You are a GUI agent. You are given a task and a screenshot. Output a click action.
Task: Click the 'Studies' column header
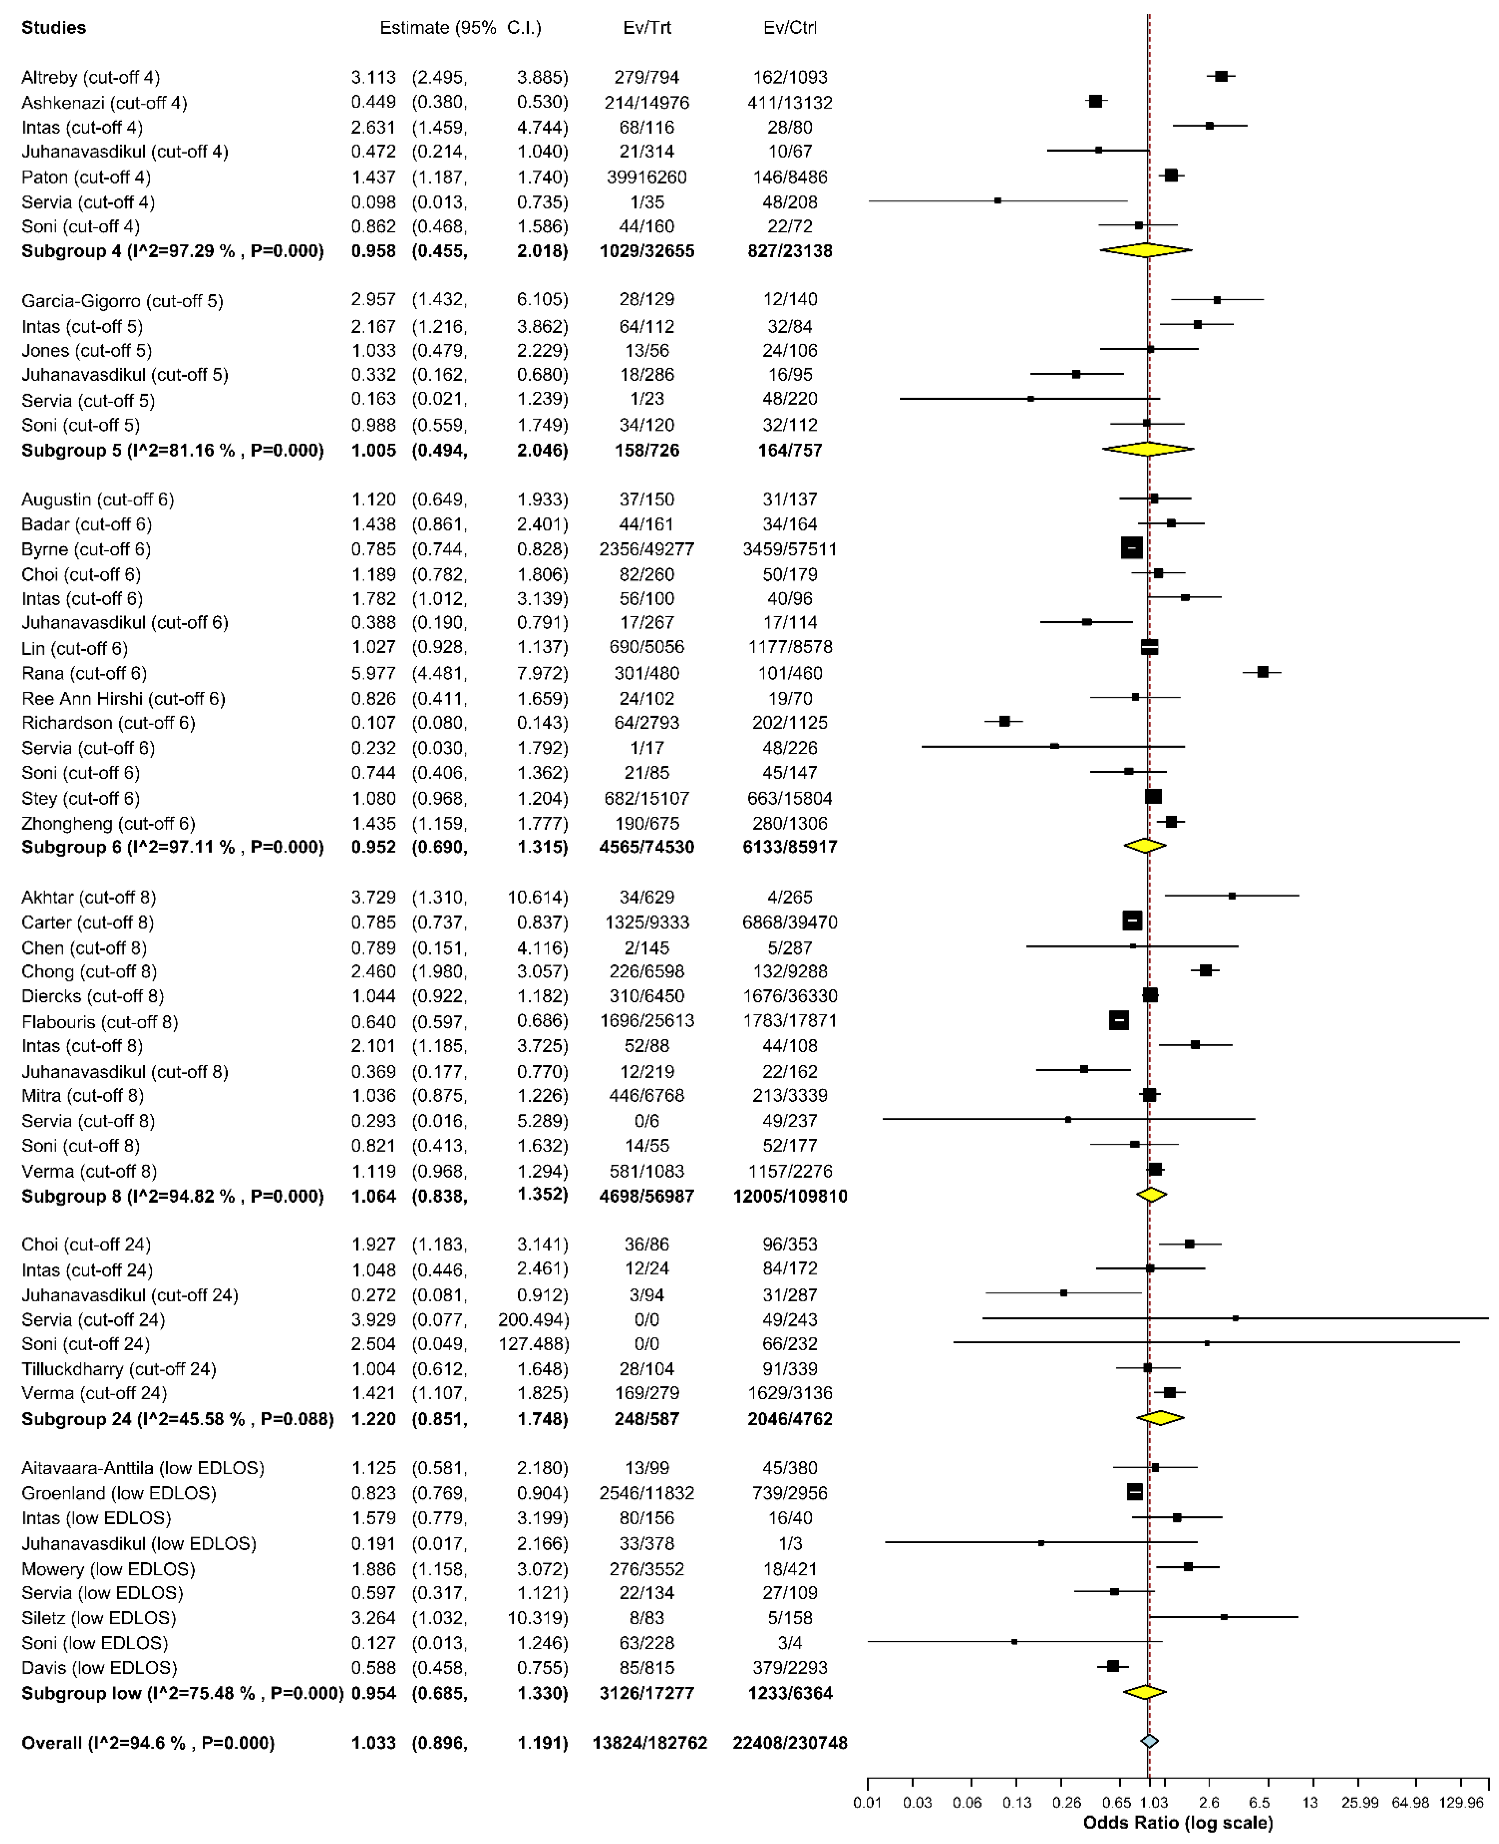point(53,28)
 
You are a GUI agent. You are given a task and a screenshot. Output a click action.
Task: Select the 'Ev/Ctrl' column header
point(789,28)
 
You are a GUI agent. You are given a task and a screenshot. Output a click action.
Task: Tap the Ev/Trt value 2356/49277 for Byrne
point(647,549)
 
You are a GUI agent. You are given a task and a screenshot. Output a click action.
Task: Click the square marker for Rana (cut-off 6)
point(1263,672)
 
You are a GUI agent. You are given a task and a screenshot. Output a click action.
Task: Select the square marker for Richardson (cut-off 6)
point(1004,721)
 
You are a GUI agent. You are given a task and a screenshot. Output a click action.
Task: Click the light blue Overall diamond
point(1149,1741)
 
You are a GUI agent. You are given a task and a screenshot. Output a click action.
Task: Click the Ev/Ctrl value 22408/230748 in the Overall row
point(789,1743)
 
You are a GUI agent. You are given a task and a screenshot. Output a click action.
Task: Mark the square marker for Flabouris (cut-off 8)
point(1118,1020)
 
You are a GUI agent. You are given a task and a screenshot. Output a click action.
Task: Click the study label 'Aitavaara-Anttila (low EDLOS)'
point(143,1468)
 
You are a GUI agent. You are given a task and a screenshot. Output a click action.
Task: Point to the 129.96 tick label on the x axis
point(1461,1803)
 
